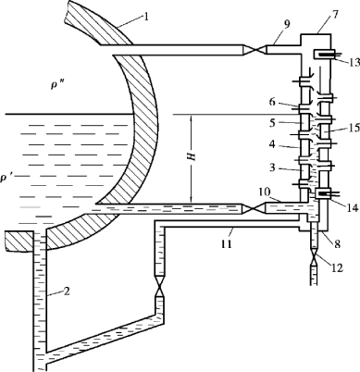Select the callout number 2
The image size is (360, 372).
pyautogui.click(x=67, y=291)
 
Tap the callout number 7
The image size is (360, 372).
pyautogui.click(x=335, y=15)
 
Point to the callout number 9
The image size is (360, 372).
pyautogui.click(x=287, y=25)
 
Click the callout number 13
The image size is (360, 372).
pyautogui.click(x=354, y=62)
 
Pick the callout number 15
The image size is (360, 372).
pyautogui.click(x=354, y=128)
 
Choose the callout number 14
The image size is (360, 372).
pyautogui.click(x=353, y=207)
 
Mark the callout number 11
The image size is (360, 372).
pyautogui.click(x=226, y=243)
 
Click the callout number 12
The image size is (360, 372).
pyautogui.click(x=337, y=267)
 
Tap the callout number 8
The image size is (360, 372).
pyautogui.click(x=337, y=244)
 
